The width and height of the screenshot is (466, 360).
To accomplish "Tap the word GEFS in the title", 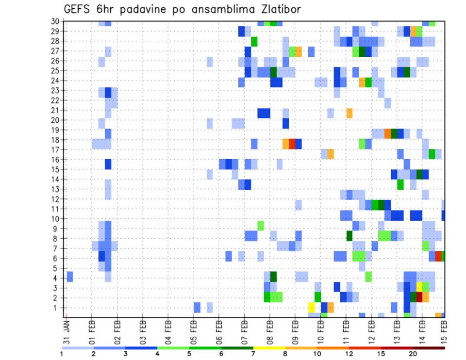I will click(x=79, y=9).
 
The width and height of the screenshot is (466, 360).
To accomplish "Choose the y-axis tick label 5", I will click(x=57, y=268).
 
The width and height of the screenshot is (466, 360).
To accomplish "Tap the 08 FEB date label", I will click(x=269, y=331).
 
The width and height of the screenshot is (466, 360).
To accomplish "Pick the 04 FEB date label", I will click(x=168, y=331).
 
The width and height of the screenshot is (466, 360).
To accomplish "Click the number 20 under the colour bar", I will click(x=413, y=353).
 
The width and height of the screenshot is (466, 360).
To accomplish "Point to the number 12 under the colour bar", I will click(x=349, y=353).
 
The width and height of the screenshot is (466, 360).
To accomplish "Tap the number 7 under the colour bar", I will click(x=253, y=353).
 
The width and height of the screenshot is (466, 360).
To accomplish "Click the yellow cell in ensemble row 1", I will click(x=311, y=308).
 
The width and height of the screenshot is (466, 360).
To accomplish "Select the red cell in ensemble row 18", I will click(x=292, y=144).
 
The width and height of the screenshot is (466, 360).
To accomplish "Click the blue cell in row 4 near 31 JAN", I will click(x=70, y=277).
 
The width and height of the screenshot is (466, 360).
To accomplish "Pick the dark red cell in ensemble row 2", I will click(x=419, y=297).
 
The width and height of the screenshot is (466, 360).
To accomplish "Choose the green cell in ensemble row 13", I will click(x=400, y=184).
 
